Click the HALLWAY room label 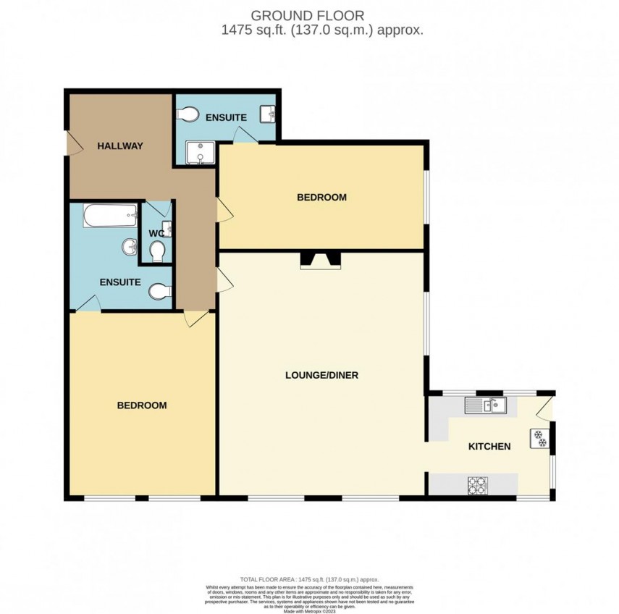click(x=120, y=146)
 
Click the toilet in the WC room click(x=158, y=250)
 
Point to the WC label click(x=156, y=233)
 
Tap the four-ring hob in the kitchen click(x=477, y=484)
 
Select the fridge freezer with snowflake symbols click(x=540, y=438)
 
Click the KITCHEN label click(x=489, y=447)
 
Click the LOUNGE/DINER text click(x=322, y=375)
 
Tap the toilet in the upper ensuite click(x=188, y=114)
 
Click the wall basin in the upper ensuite click(x=269, y=114)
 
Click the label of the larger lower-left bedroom click(x=142, y=405)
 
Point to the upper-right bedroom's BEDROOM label click(x=321, y=197)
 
